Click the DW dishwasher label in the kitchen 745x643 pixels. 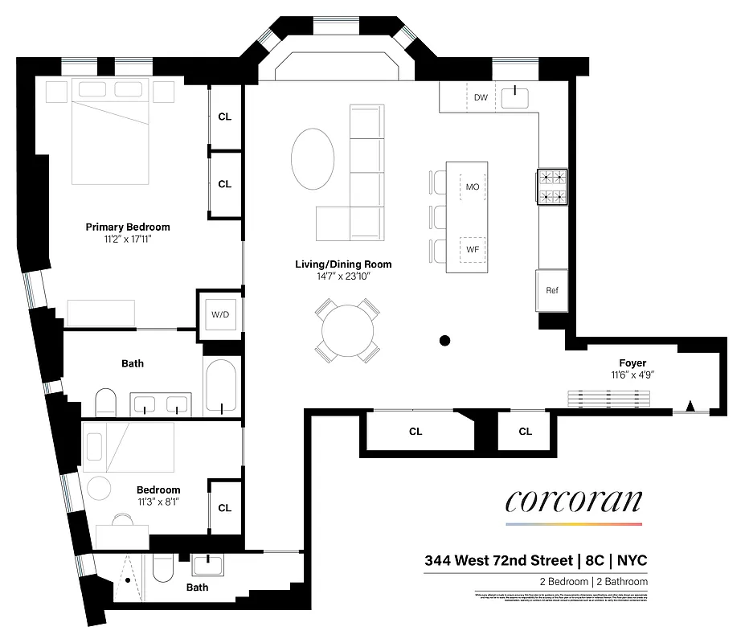(x=481, y=97)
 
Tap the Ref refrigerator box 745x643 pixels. (x=552, y=290)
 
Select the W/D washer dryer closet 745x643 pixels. (x=220, y=313)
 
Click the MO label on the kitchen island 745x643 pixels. (x=473, y=186)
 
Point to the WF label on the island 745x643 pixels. (x=473, y=250)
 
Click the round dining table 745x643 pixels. (x=347, y=330)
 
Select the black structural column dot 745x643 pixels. (x=444, y=341)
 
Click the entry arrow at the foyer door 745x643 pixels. (x=690, y=405)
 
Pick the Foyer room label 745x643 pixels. (x=632, y=363)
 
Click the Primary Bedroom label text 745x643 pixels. (x=128, y=227)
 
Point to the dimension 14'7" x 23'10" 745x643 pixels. (x=342, y=276)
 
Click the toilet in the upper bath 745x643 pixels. (x=105, y=403)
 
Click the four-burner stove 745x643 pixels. (x=552, y=186)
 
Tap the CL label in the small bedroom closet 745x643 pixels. (x=225, y=508)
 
